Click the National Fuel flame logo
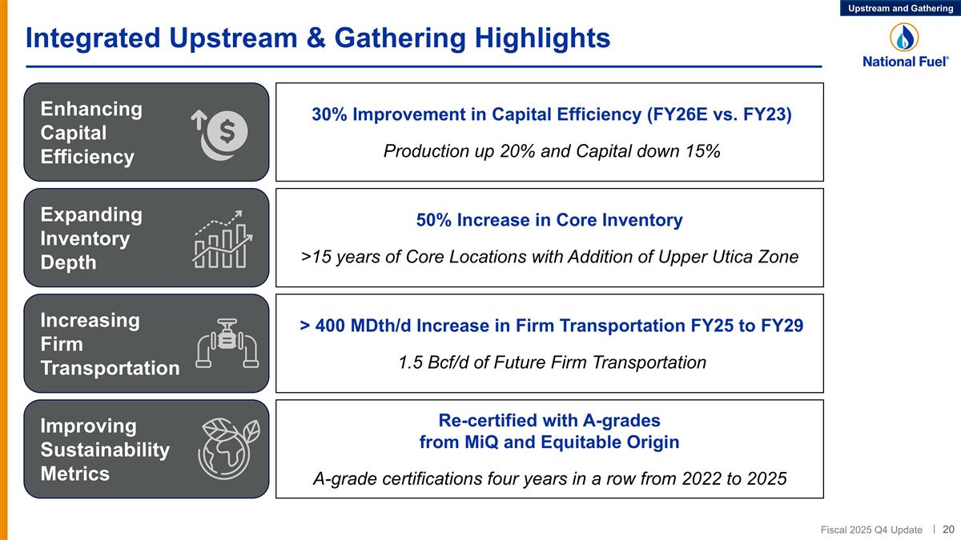904,37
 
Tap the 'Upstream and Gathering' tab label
900,8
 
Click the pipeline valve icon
228,344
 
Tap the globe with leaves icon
228,450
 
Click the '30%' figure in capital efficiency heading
328,114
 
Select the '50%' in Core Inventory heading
433,220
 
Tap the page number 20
948,529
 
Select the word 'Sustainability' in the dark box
105,450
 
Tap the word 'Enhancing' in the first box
91,109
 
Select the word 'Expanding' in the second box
91,214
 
